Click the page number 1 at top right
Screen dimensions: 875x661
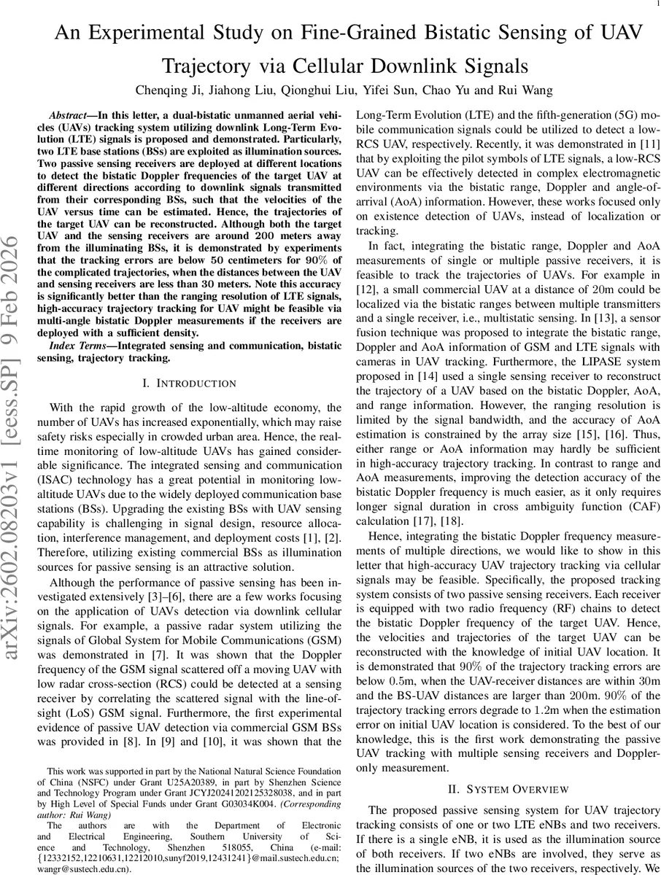pyautogui.click(x=649, y=4)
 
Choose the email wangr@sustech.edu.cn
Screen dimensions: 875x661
pyautogui.click(x=84, y=869)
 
